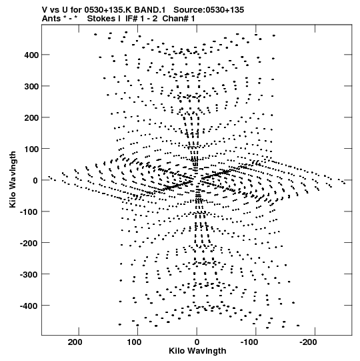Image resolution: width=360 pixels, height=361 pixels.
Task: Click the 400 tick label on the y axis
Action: point(31,55)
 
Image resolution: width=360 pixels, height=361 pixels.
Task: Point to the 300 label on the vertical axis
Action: point(31,86)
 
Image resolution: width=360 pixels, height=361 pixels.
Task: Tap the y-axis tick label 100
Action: point(31,149)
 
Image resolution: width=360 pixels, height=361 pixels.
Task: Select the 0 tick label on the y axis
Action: point(35,180)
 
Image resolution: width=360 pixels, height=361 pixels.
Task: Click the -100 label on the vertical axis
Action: point(29,212)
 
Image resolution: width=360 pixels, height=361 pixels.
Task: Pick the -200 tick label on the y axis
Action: point(29,243)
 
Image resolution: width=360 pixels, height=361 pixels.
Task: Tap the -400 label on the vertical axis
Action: point(29,306)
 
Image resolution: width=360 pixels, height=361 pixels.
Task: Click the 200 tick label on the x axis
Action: point(75,342)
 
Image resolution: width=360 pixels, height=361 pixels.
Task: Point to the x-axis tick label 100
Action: point(134,342)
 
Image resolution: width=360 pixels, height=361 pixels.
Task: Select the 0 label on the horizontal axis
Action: point(197,342)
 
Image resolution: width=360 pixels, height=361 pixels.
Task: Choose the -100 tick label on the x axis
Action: point(249,342)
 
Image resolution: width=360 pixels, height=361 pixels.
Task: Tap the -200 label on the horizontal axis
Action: point(308,342)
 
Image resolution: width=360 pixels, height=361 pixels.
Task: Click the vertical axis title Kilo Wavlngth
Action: point(13,179)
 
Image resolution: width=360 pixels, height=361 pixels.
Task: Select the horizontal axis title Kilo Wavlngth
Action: point(197,351)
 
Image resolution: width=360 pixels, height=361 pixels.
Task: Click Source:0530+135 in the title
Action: point(209,10)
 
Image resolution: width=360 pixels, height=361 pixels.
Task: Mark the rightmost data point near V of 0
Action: point(344,184)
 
